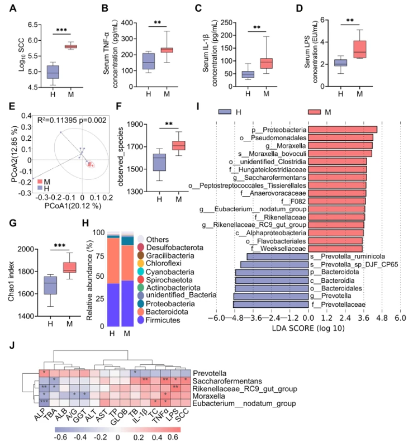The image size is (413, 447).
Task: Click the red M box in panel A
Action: point(70,46)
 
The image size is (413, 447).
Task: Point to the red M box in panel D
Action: point(360,49)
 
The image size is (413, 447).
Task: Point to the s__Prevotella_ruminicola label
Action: point(346,256)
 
